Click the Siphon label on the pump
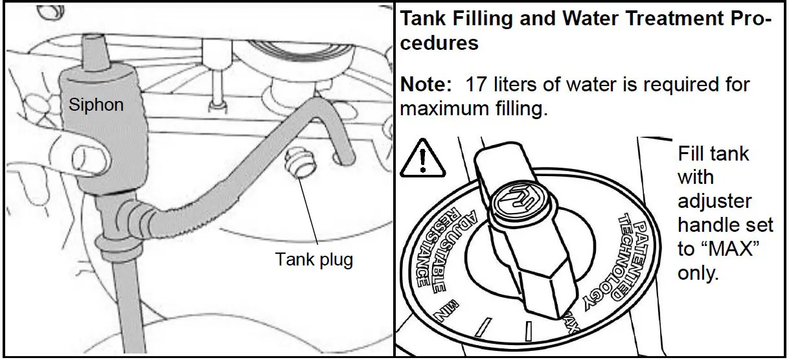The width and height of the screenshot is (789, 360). click(96, 104)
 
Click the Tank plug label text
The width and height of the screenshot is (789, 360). click(314, 260)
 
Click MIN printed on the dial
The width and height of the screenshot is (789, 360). click(448, 311)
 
